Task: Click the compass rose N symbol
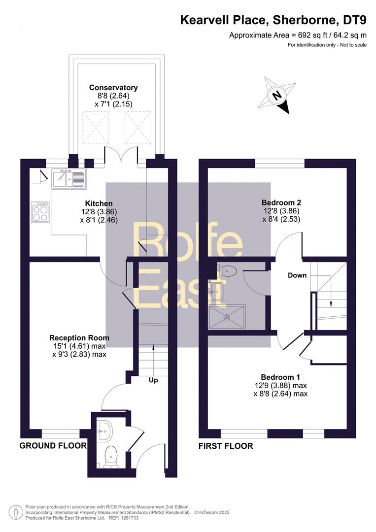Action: point(277,96)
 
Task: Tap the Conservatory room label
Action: point(113,88)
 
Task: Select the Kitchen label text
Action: point(99,203)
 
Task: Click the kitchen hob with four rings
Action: point(40,212)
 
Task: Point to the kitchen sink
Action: point(69,179)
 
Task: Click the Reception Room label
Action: point(79,338)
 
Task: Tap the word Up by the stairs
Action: point(153,380)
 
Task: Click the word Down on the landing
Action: point(297,275)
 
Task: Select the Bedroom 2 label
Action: point(281,202)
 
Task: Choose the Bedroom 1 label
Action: point(280,377)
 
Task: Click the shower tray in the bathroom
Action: point(227,317)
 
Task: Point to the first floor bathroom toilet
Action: point(226,270)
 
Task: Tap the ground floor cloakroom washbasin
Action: point(104,431)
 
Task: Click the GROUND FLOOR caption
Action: point(53,445)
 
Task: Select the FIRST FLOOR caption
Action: point(226,446)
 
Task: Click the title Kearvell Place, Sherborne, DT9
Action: point(273,20)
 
